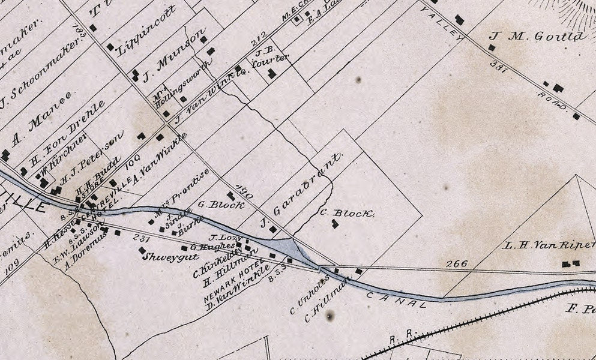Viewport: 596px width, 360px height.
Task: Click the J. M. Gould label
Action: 538,36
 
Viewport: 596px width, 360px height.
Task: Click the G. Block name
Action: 221,205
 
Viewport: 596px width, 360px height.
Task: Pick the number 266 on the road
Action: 457,263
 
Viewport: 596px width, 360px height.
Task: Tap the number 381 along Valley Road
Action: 499,68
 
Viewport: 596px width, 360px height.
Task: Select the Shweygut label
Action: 162,257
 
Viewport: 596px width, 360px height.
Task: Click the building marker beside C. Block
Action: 335,224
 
